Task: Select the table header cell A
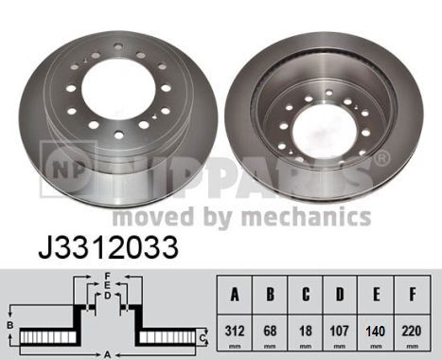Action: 235,295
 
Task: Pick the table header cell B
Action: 270,295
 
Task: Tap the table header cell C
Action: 306,295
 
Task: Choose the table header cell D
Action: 340,295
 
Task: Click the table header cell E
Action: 376,295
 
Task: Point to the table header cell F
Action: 412,295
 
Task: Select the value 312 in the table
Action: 235,331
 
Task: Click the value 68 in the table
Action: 270,331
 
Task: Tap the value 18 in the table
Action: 306,331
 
